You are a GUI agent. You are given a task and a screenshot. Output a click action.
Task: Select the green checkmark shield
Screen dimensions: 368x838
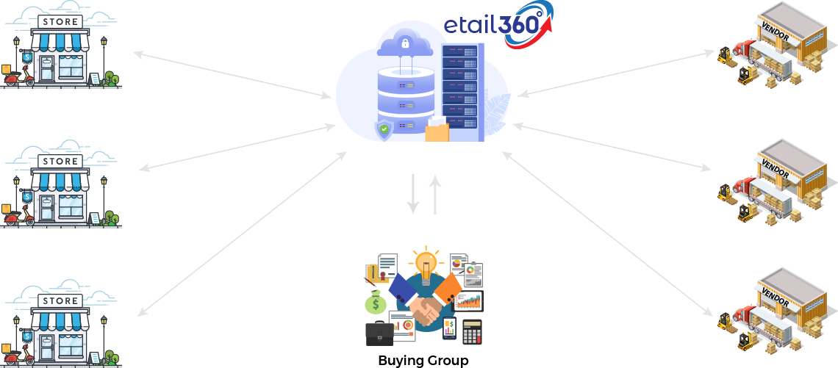click(x=384, y=130)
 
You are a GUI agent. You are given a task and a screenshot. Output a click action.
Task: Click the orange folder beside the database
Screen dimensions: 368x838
click(x=437, y=130)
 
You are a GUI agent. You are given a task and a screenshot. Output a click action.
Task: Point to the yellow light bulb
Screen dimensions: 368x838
click(x=426, y=264)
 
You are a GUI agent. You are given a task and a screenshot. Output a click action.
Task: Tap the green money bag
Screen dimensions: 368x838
click(x=376, y=301)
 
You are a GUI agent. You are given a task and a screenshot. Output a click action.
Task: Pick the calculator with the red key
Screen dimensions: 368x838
click(x=472, y=333)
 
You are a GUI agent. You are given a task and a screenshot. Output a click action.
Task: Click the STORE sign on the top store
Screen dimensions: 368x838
click(x=60, y=21)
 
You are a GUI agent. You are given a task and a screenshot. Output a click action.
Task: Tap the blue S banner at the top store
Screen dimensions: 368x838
click(x=28, y=57)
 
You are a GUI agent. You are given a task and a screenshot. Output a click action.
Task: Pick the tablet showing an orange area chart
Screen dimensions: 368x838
click(x=468, y=301)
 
